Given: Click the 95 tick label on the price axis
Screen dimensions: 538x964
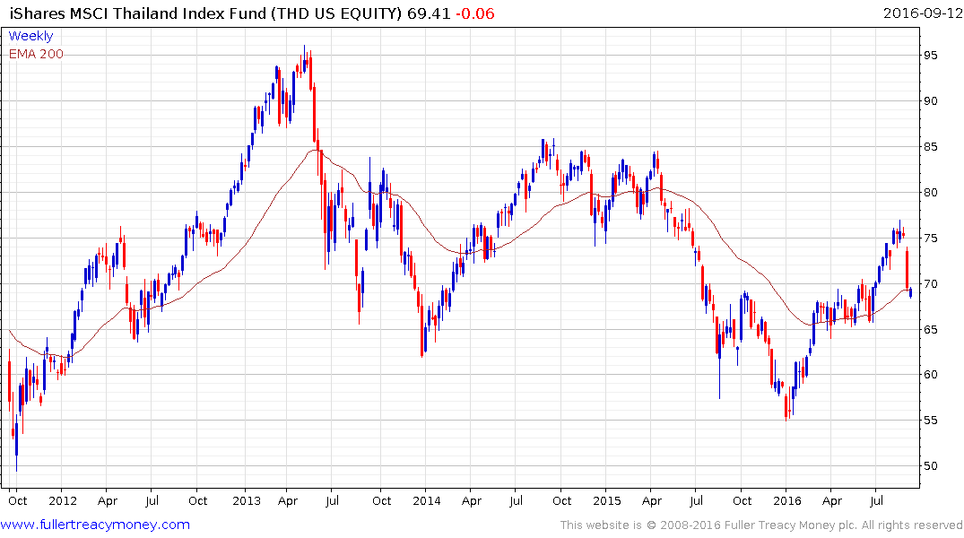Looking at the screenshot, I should pos(936,55).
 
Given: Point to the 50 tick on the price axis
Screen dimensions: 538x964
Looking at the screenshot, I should pos(936,466).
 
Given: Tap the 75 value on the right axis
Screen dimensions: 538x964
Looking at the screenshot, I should pos(936,238).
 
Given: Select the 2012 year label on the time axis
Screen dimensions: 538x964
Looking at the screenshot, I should pos(61,500).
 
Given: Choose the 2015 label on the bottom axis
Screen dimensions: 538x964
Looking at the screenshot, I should pos(606,500).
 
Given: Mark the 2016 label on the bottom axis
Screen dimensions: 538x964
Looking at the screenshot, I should pos(787,500).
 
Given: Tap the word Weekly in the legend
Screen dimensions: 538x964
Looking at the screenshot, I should pos(30,37).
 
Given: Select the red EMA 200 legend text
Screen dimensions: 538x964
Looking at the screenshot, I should pos(36,54).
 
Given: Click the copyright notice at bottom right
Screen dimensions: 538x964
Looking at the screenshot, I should pos(761,525).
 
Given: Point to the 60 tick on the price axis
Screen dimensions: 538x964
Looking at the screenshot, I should pos(936,375).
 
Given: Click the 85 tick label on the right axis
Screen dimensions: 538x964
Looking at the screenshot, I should pos(936,146).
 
